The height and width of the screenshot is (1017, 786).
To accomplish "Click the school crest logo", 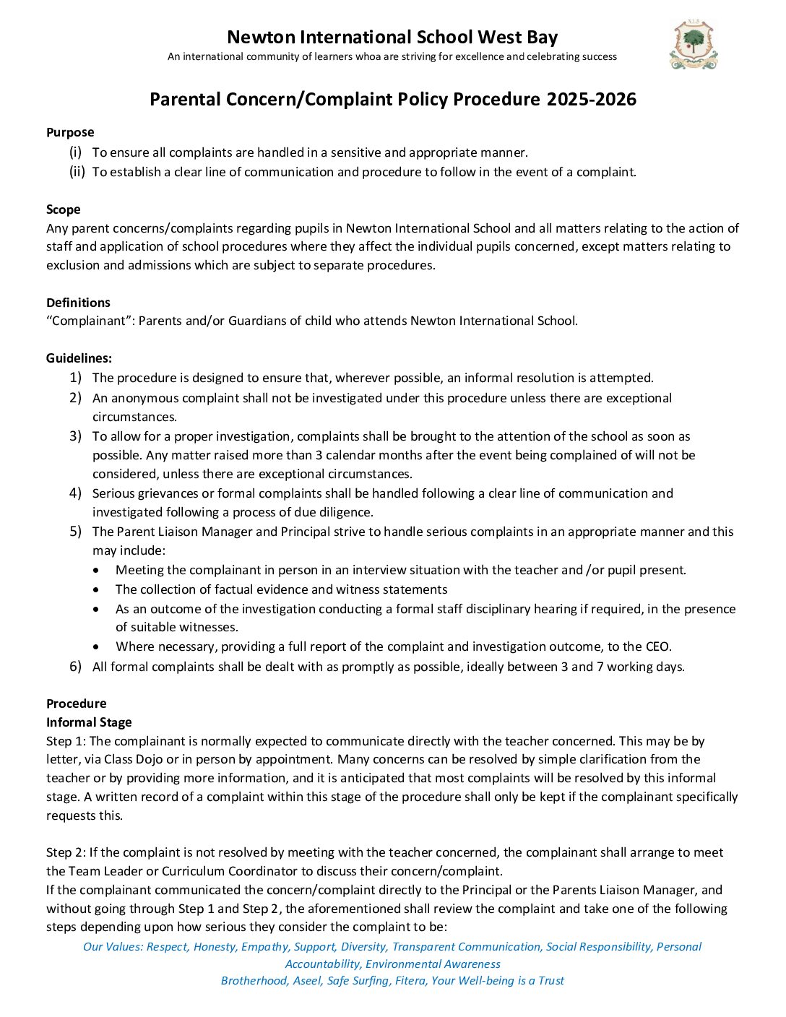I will point(693,46).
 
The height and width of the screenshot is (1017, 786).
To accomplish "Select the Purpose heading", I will point(70,132).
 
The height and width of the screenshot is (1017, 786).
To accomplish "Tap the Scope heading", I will point(64,209).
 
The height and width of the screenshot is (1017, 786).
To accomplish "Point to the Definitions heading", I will point(78,303).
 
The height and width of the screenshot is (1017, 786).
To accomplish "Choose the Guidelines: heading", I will point(79,358).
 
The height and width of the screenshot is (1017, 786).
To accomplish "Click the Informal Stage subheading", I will point(89,722).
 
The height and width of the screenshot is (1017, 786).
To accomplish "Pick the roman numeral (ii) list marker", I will point(77,172).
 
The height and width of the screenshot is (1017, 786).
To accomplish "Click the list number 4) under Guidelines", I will point(75,493).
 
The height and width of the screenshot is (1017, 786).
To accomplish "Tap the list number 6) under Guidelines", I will point(75,666).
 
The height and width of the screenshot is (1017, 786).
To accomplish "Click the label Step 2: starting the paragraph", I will point(66,852).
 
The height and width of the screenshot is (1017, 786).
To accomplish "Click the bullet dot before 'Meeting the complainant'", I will point(97,570).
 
